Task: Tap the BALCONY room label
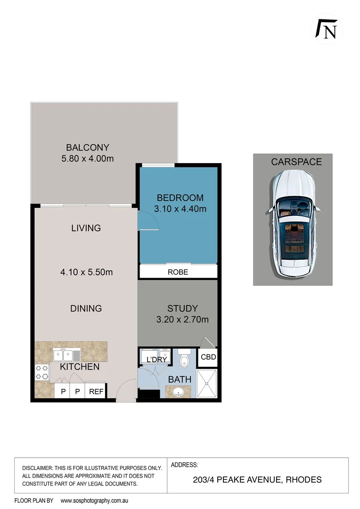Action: click(x=88, y=147)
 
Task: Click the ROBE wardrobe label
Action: click(x=178, y=272)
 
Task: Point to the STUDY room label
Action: click(x=182, y=309)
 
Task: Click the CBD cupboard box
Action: click(x=208, y=357)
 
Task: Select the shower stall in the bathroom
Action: click(x=206, y=383)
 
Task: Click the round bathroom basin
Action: click(x=178, y=392)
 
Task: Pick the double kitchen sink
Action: click(x=66, y=354)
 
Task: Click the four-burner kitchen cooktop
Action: click(x=41, y=372)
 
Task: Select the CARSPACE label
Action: click(x=296, y=162)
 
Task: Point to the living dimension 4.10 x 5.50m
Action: click(x=86, y=272)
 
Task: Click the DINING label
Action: click(x=86, y=309)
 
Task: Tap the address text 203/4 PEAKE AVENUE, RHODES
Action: click(x=257, y=480)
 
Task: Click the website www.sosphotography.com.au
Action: click(x=95, y=501)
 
